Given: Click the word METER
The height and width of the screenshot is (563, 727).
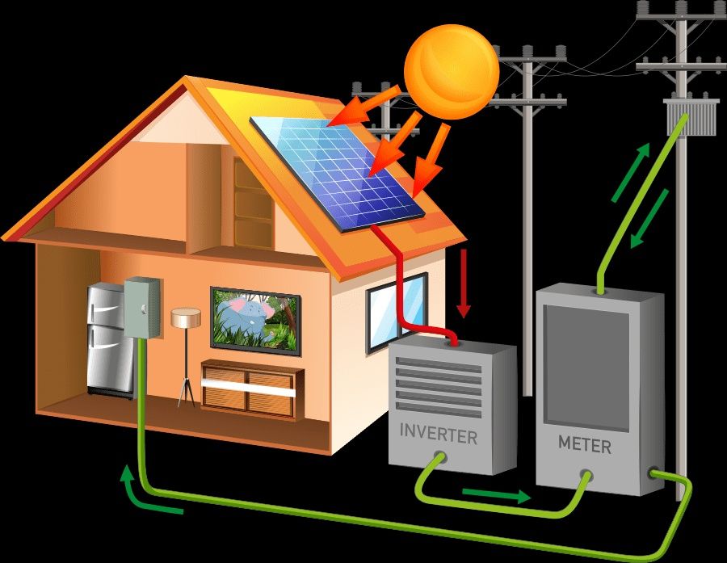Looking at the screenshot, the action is (585, 444).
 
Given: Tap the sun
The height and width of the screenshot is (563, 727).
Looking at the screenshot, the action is (452, 72).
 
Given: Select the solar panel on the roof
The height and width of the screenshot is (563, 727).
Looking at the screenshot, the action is (337, 173).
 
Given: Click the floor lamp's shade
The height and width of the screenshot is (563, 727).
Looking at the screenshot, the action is (186, 317).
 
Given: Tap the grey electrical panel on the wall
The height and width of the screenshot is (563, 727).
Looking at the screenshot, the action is (142, 308).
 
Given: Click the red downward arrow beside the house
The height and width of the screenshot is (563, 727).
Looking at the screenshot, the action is (463, 283).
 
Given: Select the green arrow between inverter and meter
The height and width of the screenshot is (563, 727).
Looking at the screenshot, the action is (497, 495).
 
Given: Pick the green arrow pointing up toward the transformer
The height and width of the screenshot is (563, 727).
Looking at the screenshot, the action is (631, 173).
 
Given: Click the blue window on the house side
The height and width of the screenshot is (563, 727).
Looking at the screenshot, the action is (397, 313).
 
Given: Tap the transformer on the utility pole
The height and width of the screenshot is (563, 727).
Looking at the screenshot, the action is (687, 117).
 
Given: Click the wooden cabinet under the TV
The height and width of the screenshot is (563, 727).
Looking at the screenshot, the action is (252, 389).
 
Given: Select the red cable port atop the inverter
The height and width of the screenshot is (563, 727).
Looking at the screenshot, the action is (452, 343).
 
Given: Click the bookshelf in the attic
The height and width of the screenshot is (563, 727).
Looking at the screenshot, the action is (253, 202).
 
